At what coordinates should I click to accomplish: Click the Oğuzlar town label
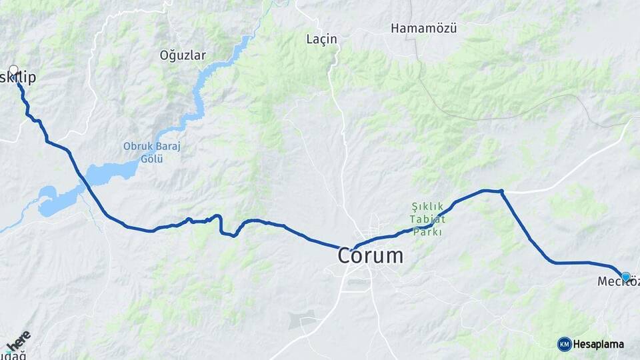click(183, 55)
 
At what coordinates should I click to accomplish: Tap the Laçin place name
click(321, 39)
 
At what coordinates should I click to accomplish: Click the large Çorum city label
click(370, 255)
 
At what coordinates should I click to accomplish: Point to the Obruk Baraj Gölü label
click(152, 152)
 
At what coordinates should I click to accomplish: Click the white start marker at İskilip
click(13, 69)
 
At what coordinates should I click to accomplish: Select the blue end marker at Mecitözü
click(625, 277)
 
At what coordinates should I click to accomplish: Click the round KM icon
click(564, 344)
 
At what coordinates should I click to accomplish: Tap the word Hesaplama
click(599, 344)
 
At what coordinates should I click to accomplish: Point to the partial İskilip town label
click(20, 78)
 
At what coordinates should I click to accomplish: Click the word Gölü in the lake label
click(152, 158)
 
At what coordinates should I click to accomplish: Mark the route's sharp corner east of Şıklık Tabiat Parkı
click(501, 192)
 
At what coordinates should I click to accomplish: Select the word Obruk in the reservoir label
click(136, 146)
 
